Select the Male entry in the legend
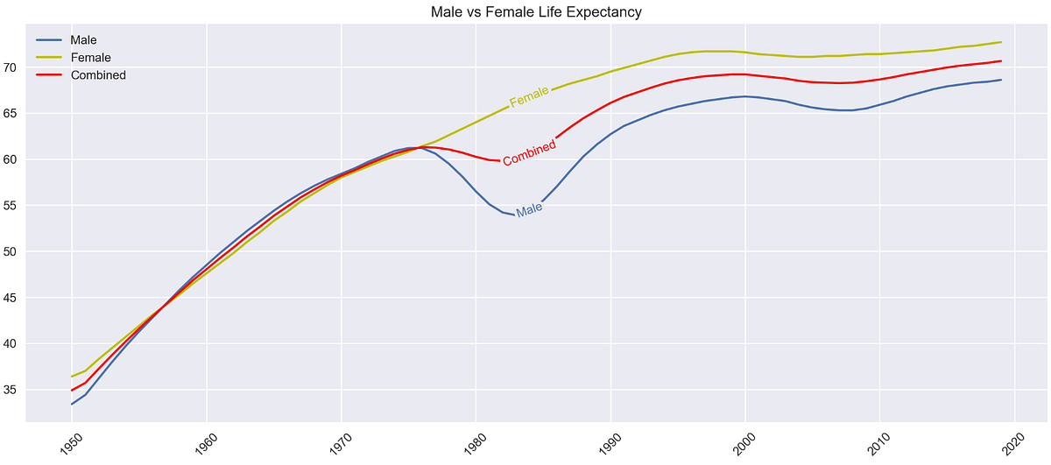(83, 40)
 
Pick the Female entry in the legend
(90, 58)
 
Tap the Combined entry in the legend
(98, 75)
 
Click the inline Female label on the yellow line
(529, 96)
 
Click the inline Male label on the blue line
(529, 209)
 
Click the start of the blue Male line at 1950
(72, 404)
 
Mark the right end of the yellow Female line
(1001, 42)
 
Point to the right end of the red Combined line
(1001, 61)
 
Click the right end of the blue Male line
(1001, 80)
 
